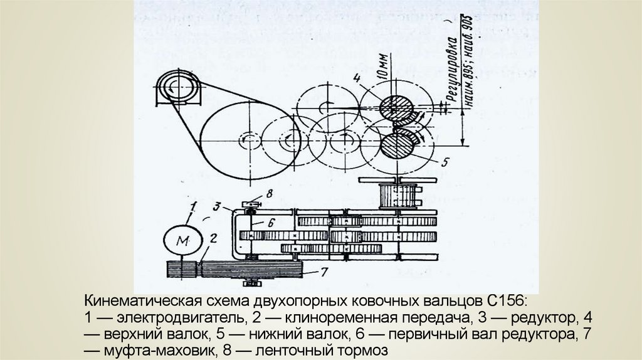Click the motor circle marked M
pos(182,240)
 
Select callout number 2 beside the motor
pos(214,238)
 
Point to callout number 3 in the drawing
pos(216,205)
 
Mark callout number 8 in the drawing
pos(269,194)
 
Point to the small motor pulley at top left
pos(178,88)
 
